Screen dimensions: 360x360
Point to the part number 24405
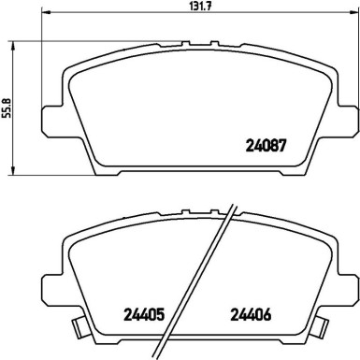144,314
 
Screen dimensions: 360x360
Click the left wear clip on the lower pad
76,327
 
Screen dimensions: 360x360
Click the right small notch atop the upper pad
212,43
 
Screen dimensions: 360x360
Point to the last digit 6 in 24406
267,314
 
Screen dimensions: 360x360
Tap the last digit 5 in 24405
162,314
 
